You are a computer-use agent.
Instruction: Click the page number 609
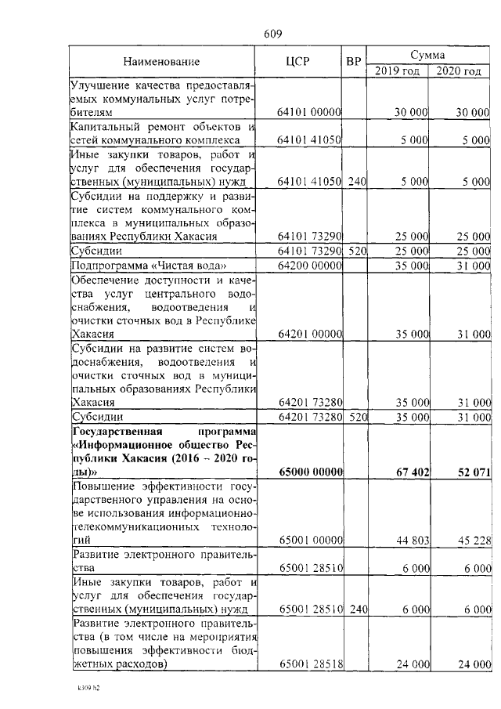(x=272, y=33)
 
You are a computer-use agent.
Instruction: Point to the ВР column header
(x=354, y=62)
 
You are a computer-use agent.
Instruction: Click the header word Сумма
(x=428, y=55)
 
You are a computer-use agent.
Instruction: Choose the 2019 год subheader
(x=398, y=71)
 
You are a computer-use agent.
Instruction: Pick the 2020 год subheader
(x=459, y=71)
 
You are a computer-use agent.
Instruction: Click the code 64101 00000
(x=309, y=113)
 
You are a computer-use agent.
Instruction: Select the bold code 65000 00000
(x=309, y=471)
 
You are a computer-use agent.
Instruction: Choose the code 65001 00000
(x=309, y=540)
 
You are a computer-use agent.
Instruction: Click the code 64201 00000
(x=309, y=334)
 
